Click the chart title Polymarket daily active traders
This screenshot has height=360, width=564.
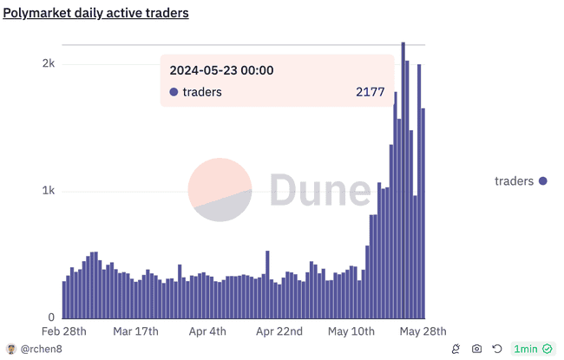(x=96, y=14)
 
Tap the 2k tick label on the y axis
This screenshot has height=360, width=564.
(x=49, y=64)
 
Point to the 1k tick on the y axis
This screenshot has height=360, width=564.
(x=49, y=191)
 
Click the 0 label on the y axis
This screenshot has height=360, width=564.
(x=51, y=317)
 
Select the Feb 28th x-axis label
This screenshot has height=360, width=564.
(x=64, y=332)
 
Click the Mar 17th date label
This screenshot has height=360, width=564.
(x=135, y=332)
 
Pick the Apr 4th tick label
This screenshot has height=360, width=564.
(x=207, y=332)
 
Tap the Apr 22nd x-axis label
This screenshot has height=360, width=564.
(x=279, y=332)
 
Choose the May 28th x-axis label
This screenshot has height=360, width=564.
(x=423, y=332)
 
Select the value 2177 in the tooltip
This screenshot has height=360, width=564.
(x=371, y=92)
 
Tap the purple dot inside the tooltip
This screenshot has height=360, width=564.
(x=174, y=92)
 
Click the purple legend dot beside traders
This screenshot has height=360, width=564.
(x=543, y=180)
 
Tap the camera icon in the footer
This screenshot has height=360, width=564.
(x=476, y=349)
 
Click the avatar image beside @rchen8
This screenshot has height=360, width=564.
(x=11, y=349)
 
